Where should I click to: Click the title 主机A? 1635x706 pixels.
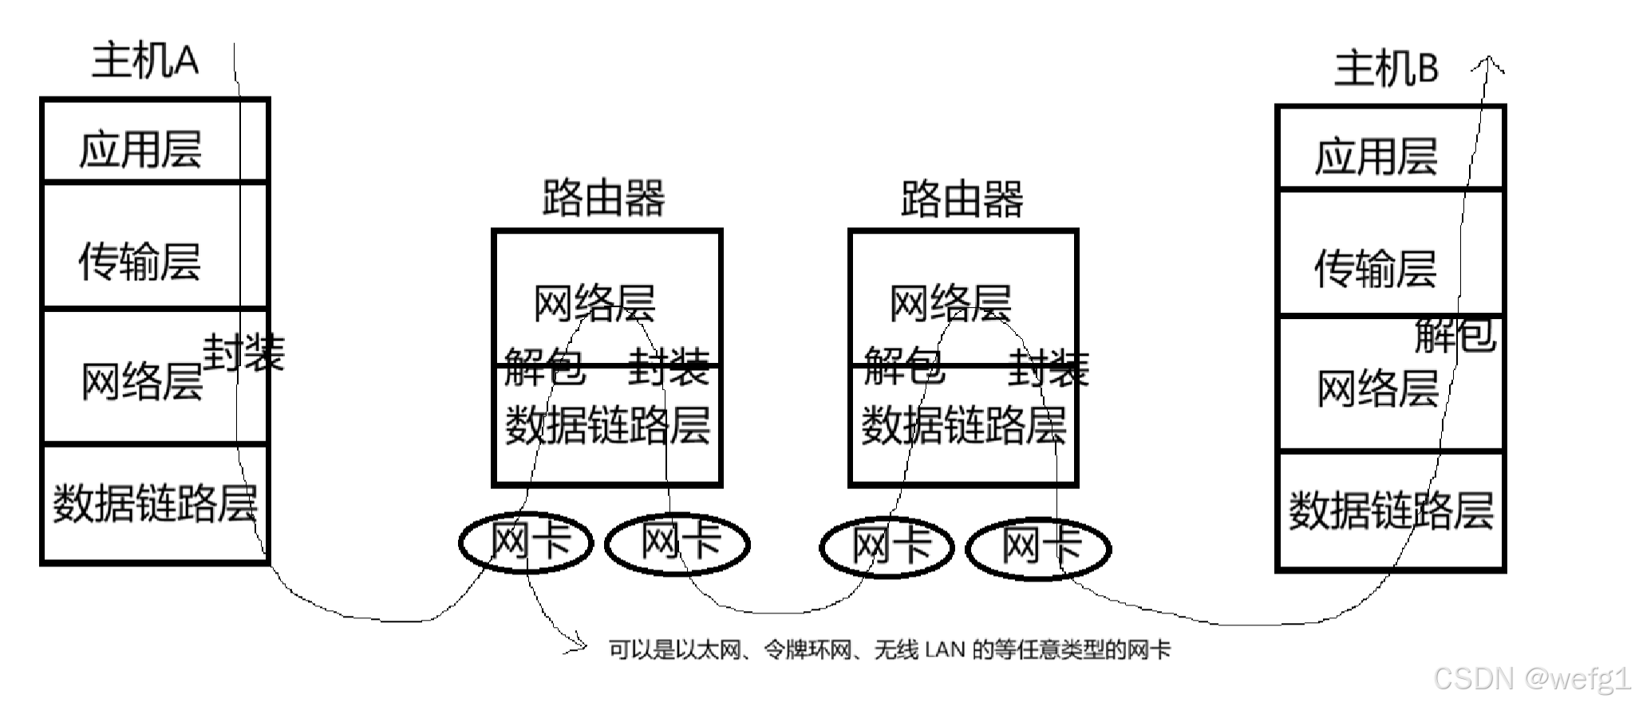click(x=144, y=61)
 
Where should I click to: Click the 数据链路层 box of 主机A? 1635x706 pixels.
click(x=154, y=503)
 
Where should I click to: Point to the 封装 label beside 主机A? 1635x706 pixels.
click(x=243, y=353)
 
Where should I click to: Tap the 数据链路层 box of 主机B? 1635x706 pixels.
click(x=1390, y=511)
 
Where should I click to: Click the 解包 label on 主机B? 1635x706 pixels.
click(x=1455, y=335)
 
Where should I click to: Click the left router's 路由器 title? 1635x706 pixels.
click(x=603, y=198)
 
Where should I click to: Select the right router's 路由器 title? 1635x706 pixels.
click(x=962, y=199)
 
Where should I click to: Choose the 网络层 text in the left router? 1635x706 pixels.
click(x=594, y=303)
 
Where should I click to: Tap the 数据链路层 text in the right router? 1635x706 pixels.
click(x=963, y=425)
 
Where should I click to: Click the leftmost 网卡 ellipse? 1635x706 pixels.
click(x=527, y=542)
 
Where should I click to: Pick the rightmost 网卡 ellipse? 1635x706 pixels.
click(x=1039, y=547)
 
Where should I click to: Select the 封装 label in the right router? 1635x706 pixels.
click(x=1048, y=369)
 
